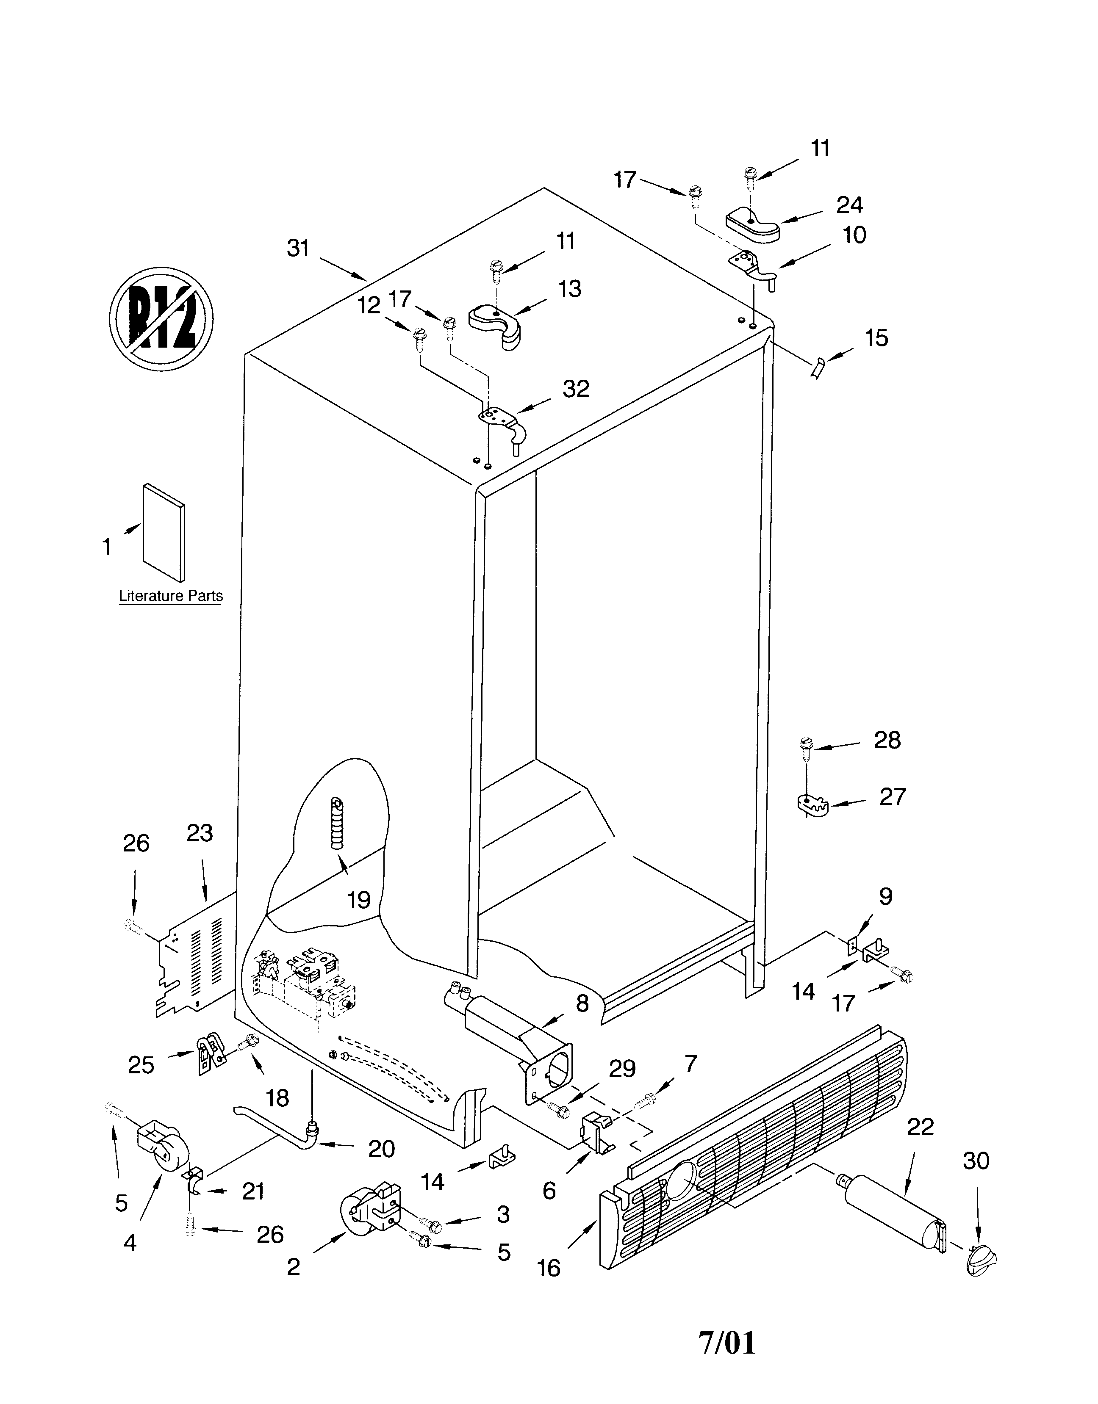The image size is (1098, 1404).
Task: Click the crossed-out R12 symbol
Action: pyautogui.click(x=161, y=319)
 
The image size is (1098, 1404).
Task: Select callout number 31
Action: pyautogui.click(x=298, y=248)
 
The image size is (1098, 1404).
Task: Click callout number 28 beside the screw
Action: pyautogui.click(x=887, y=741)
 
